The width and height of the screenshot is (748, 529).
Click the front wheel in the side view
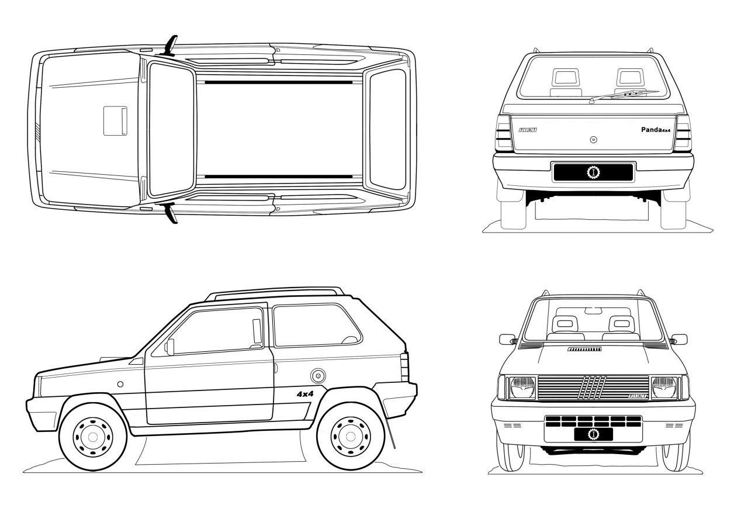(92, 435)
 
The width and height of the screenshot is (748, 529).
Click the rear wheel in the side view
(350, 435)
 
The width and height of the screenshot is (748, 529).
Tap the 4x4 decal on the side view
(305, 394)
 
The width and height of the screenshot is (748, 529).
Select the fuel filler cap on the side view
(318, 375)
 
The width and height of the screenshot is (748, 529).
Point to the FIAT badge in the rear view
(527, 130)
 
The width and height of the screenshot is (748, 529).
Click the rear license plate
(593, 172)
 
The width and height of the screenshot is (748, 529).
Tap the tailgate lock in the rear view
(593, 140)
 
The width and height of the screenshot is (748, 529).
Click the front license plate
(593, 433)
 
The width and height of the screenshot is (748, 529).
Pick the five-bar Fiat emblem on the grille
(593, 388)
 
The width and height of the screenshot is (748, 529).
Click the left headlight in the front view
(522, 388)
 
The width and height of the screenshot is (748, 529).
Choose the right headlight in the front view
(664, 388)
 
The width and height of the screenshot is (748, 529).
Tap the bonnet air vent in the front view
(584, 349)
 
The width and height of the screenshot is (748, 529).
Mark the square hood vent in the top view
(116, 120)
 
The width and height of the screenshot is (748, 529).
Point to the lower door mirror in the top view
(172, 214)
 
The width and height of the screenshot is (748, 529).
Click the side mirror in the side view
(169, 346)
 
